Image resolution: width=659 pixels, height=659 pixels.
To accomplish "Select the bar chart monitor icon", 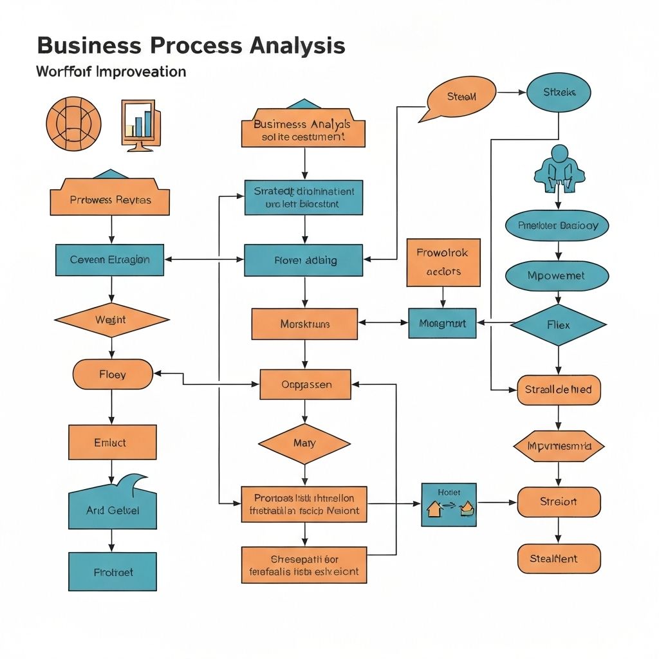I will [x=140, y=124].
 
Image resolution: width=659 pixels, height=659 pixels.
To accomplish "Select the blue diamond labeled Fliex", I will [x=558, y=324].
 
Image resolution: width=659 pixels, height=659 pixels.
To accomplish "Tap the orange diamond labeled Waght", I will [x=111, y=320].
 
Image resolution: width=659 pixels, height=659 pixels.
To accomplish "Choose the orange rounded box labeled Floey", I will [x=113, y=374].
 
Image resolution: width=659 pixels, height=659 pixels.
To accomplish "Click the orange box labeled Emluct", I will [x=112, y=442].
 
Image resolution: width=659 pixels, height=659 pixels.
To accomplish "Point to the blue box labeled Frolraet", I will [x=112, y=571].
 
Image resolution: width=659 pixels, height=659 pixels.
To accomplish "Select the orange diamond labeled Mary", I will [x=304, y=443].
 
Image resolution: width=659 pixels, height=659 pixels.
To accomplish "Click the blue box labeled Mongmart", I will [x=442, y=323].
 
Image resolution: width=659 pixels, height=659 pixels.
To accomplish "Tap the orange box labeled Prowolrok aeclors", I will [x=443, y=262].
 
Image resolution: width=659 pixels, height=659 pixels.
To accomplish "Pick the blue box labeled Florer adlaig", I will [x=304, y=260].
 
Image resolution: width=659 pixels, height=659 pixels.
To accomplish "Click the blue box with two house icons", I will [x=449, y=505].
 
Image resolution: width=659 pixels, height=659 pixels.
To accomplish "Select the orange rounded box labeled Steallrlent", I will [x=558, y=559].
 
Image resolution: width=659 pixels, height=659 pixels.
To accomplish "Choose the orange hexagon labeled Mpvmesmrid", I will [x=558, y=446].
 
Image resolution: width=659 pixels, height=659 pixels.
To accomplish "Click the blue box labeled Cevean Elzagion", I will [x=110, y=260].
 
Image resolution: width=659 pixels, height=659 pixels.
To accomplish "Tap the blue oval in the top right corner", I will [x=559, y=93].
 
